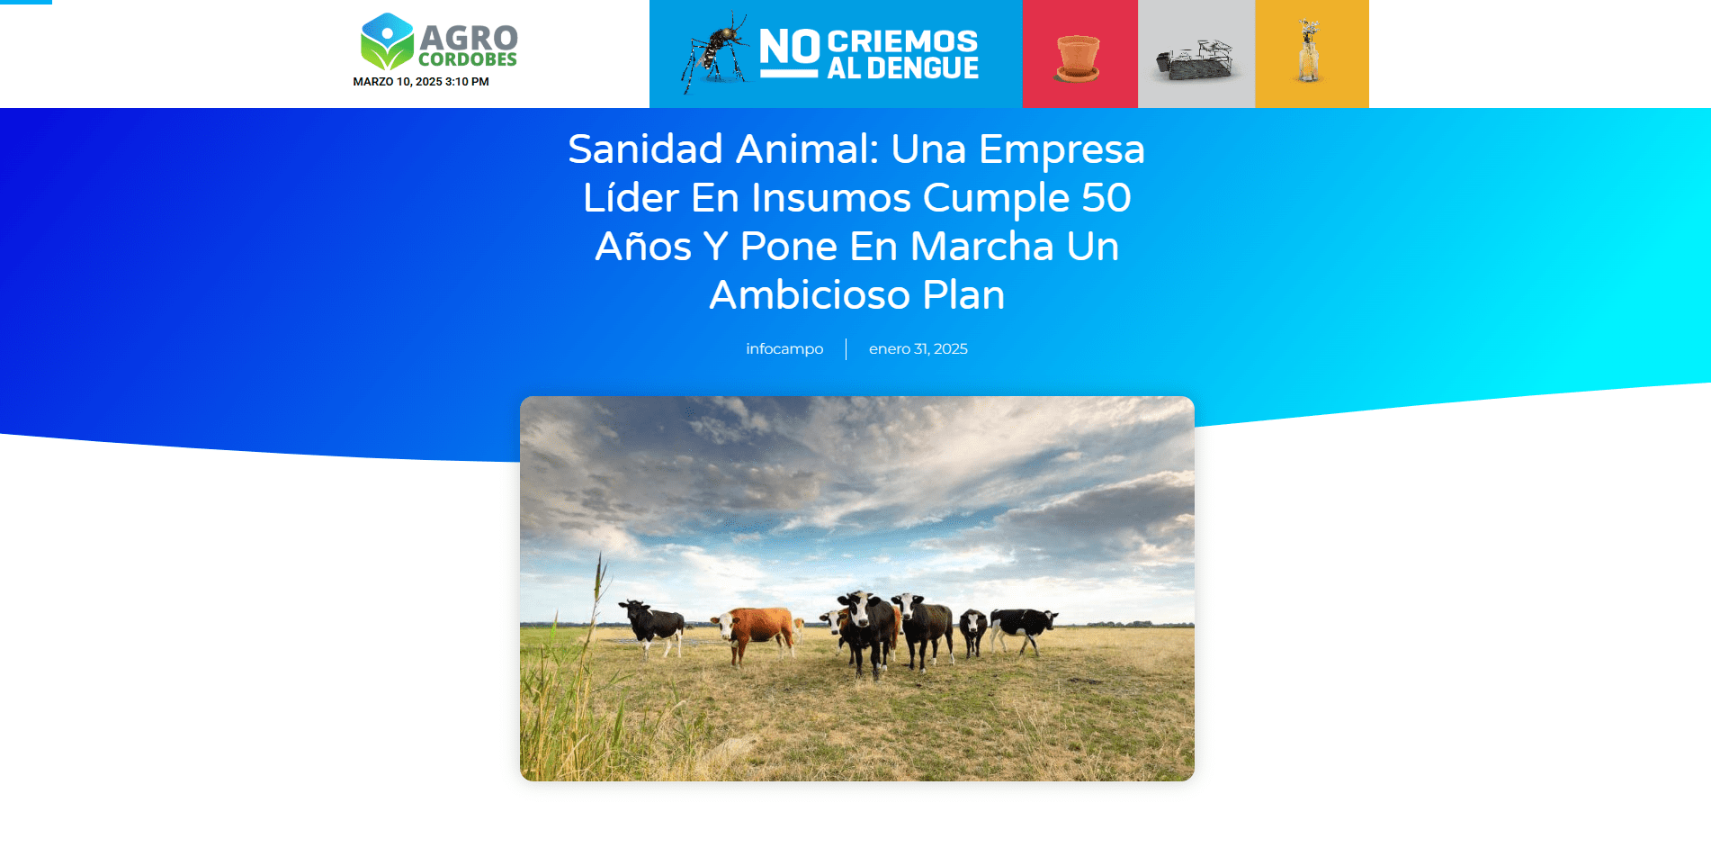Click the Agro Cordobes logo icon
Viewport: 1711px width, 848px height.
click(387, 41)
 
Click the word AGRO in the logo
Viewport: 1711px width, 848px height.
click(469, 38)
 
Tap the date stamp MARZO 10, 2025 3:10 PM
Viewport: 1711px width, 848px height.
click(421, 82)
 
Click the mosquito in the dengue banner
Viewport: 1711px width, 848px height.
click(715, 52)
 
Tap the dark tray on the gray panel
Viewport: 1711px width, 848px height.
click(1195, 59)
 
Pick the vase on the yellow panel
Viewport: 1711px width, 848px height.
click(1309, 52)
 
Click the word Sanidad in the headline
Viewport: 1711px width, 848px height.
click(645, 149)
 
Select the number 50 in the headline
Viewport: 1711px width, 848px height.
click(1106, 198)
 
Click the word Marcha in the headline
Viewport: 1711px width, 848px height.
click(981, 247)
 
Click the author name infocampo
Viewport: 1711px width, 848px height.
click(784, 349)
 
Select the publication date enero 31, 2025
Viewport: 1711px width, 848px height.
click(918, 349)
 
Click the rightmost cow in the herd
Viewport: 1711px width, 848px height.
click(1025, 627)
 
